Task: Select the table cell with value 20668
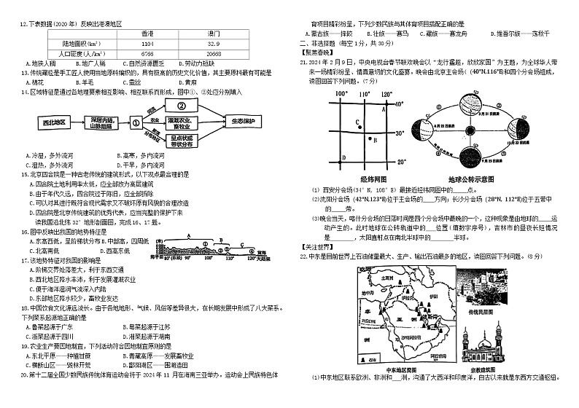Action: click(214, 53)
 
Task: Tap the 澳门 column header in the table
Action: click(214, 34)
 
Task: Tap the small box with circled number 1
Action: click(135, 121)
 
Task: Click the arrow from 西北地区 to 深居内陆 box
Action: click(73, 121)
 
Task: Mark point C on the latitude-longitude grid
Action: click(356, 122)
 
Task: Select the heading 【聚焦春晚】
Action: click(316, 53)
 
